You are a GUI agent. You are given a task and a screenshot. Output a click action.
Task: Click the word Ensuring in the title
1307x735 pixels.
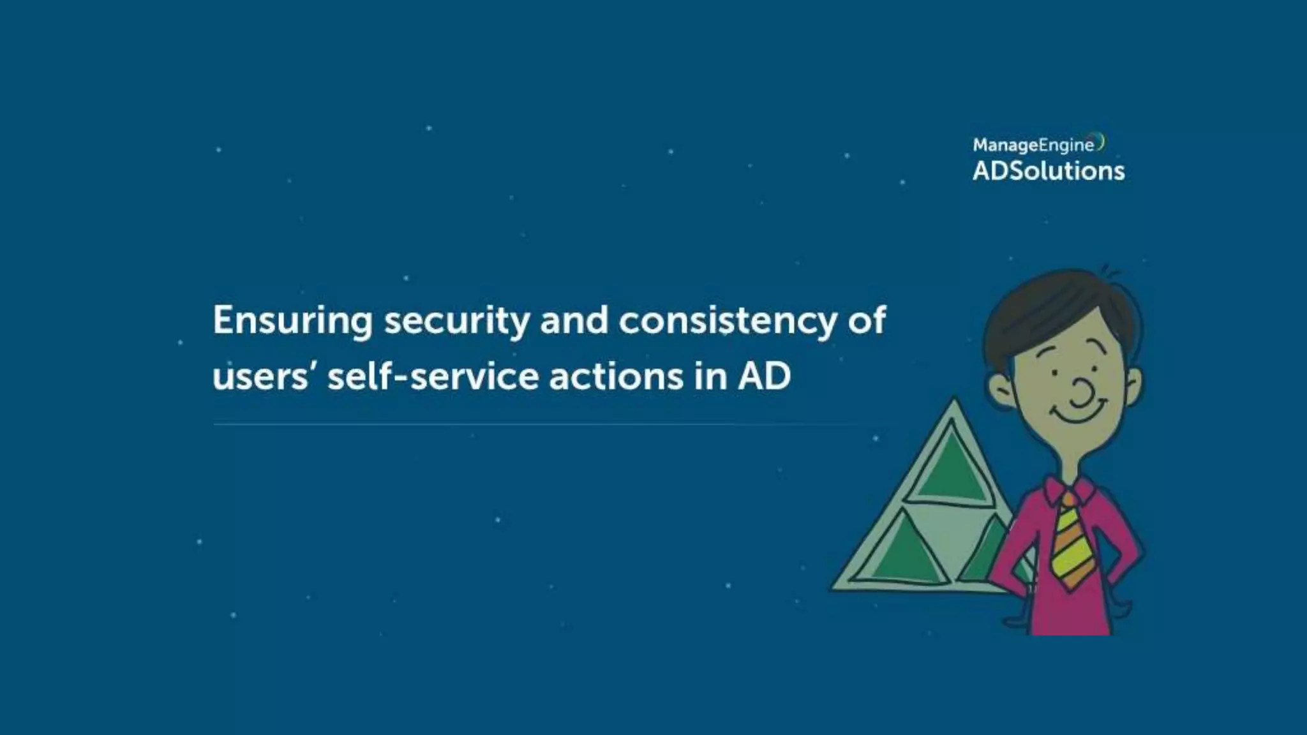tap(292, 320)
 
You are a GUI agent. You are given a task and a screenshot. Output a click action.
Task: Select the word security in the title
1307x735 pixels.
tap(456, 320)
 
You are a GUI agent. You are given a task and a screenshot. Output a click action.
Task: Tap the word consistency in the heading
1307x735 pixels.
tap(727, 320)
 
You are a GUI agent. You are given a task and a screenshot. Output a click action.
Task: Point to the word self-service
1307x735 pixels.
tap(433, 376)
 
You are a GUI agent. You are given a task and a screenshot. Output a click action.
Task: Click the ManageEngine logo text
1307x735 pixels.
tap(1033, 145)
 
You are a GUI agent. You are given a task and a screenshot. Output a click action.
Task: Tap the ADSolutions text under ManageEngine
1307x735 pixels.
tap(1049, 171)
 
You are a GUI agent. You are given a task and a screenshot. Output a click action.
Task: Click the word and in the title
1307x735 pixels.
tap(574, 320)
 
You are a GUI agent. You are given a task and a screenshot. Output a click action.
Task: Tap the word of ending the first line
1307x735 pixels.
tap(867, 320)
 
